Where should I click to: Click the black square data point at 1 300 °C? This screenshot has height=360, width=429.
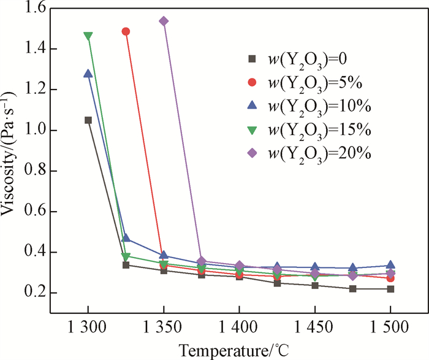click(88, 120)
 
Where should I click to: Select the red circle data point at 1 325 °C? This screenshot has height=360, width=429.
click(126, 31)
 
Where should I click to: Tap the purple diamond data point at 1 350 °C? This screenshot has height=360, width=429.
click(164, 21)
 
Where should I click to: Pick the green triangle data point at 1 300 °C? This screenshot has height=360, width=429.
click(88, 36)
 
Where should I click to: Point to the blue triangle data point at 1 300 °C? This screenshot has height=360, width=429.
click(88, 74)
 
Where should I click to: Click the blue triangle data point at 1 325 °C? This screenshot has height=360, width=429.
click(126, 238)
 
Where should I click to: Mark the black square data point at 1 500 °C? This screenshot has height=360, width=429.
click(390, 289)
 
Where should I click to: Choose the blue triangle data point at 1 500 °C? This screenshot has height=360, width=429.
click(390, 265)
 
